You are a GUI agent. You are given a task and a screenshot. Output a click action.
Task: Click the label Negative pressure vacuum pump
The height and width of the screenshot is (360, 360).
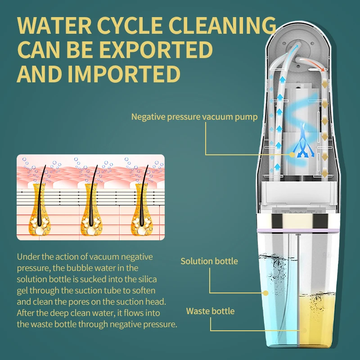point(194,117)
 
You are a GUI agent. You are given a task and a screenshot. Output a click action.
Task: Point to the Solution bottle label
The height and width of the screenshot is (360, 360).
point(209,261)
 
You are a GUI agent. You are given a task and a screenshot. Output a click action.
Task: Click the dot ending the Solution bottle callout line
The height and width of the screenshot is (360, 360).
point(265,293)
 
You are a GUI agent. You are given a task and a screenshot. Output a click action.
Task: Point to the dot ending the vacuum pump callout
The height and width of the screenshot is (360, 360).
point(292,154)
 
